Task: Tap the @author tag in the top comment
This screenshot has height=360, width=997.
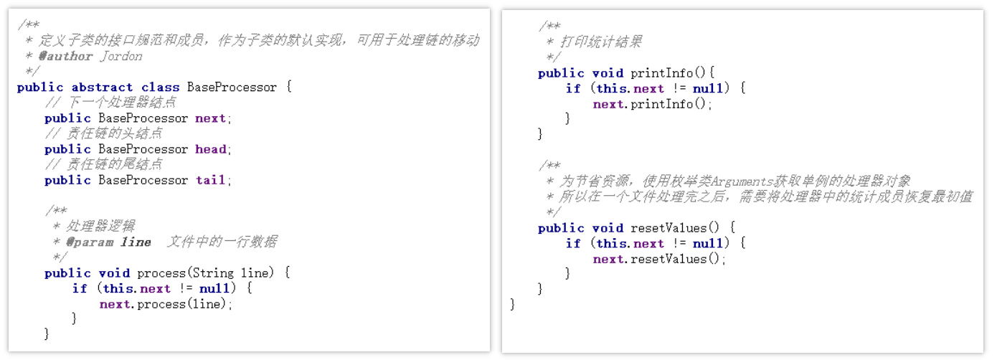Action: click(65, 56)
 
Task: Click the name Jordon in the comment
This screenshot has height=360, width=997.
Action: click(121, 56)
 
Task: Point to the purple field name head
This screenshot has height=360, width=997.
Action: click(211, 149)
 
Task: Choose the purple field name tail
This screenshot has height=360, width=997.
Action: click(211, 180)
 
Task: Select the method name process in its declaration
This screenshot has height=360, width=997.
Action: click(161, 273)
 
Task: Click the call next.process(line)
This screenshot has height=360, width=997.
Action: click(166, 304)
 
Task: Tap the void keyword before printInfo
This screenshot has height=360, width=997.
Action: click(608, 73)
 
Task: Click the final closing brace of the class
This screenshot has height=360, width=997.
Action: click(512, 305)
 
